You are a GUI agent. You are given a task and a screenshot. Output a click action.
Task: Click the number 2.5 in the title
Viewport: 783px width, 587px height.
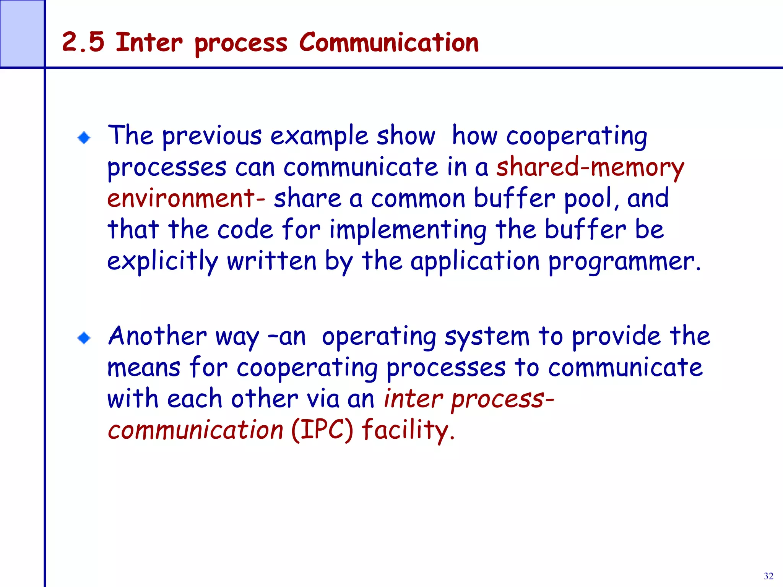tap(83, 42)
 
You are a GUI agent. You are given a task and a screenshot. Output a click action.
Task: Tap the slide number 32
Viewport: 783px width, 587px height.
tap(768, 576)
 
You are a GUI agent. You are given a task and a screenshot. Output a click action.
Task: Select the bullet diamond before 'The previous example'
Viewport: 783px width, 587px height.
tap(84, 138)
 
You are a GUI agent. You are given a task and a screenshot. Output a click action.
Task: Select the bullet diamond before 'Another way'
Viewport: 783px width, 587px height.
tap(84, 338)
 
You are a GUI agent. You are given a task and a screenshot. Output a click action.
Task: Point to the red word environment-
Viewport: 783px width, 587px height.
tap(186, 199)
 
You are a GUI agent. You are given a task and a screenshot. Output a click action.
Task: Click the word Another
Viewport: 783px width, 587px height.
tap(157, 336)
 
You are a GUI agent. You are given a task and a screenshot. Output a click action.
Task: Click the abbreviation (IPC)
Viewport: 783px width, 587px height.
tap(322, 430)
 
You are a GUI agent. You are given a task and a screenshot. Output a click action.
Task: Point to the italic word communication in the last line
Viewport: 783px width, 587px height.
tap(195, 430)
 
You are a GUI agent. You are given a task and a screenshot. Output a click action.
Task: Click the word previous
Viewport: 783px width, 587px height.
tap(212, 137)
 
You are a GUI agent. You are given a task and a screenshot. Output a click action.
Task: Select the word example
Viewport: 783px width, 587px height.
tap(319, 137)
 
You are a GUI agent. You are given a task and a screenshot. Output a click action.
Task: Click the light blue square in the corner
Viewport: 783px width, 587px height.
tap(22, 34)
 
